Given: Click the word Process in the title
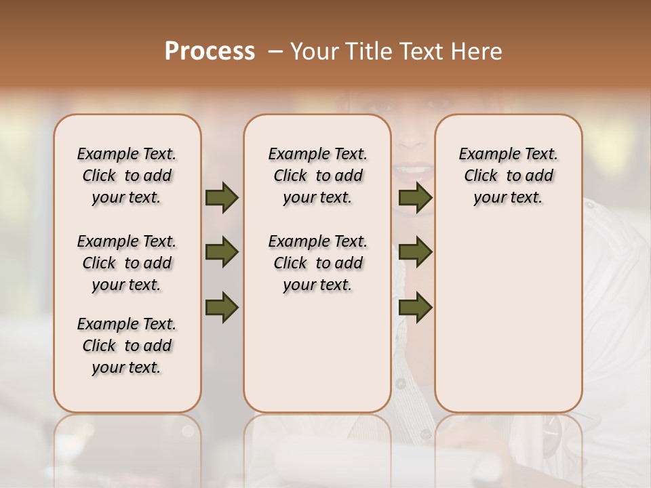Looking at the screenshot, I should (210, 52).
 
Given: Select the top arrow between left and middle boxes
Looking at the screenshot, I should (222, 198).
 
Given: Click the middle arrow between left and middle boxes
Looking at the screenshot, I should (222, 253).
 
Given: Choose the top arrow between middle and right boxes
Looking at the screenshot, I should (415, 198).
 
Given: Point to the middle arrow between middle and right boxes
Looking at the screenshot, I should (415, 253).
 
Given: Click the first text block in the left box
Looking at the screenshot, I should (127, 176).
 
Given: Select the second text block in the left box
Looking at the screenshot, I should (127, 263).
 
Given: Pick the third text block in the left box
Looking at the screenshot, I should (127, 346).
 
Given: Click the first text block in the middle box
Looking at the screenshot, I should (317, 176).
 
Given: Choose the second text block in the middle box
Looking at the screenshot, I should (317, 263).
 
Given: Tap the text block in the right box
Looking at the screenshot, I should (509, 176).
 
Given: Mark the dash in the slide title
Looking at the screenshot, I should (275, 52).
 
